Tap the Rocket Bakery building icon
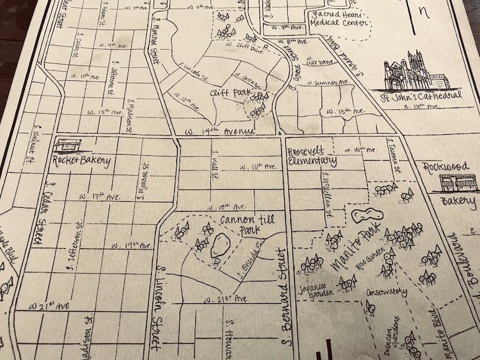[x=67, y=145]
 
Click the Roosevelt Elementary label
[x=311, y=156]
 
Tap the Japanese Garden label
[x=313, y=291]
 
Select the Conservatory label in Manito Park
[x=386, y=292]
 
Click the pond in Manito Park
[x=363, y=216]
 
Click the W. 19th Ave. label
[x=131, y=246]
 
